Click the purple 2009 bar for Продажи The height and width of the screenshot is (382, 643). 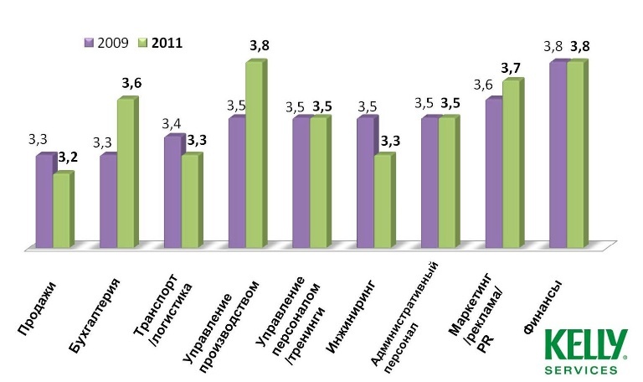point(44,201)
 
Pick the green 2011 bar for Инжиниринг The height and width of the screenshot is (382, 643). point(382,201)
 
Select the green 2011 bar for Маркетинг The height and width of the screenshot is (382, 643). point(511,164)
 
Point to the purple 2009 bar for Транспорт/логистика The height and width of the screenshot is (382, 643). point(172,192)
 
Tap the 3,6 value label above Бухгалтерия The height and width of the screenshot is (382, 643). point(131,83)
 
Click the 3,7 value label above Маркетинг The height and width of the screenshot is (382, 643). point(511,66)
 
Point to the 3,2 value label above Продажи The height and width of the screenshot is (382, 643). point(68,157)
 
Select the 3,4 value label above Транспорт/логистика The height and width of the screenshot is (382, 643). point(172,123)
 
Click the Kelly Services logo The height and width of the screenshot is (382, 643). point(585,352)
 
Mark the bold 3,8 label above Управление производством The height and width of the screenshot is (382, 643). point(260,46)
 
